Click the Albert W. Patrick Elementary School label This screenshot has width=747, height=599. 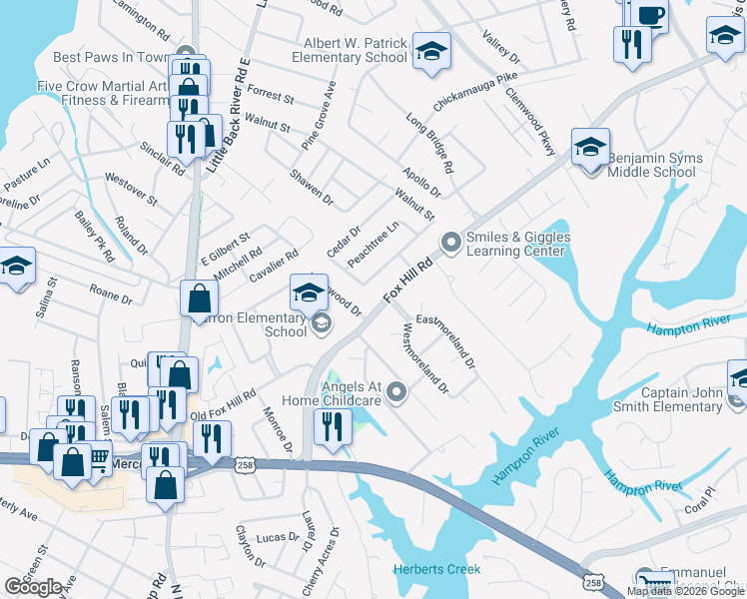pos(356,51)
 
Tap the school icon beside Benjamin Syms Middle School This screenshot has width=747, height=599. pos(590,147)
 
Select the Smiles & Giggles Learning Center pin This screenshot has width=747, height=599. pos(450,242)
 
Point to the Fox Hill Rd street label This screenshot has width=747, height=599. pos(409,282)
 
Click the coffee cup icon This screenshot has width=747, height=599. pos(649,16)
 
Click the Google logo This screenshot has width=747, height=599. pos(33,587)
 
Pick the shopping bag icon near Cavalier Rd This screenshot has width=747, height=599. pos(200,298)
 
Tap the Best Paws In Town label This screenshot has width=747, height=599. pos(109,58)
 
